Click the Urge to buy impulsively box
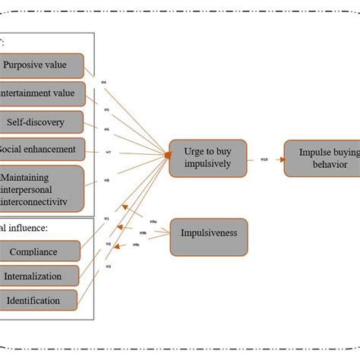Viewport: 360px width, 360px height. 207,157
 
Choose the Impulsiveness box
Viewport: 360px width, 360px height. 207,234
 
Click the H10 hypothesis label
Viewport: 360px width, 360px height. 264,159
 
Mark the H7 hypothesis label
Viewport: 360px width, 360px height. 108,152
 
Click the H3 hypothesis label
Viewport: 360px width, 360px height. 108,267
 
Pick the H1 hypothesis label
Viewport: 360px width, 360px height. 106,219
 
